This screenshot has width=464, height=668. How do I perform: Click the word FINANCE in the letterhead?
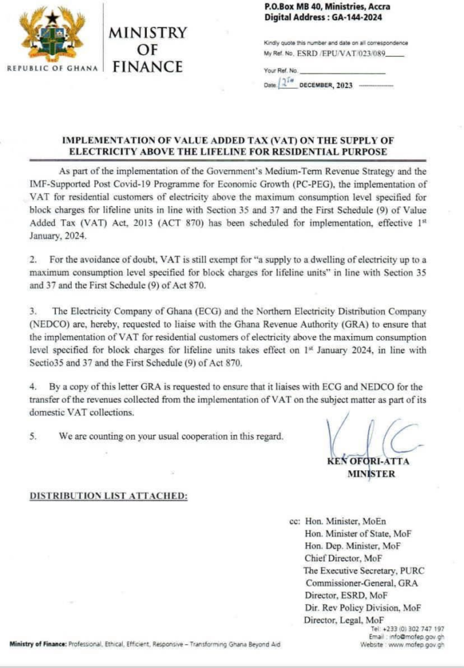click(x=147, y=67)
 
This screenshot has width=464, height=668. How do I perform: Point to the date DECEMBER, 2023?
click(x=325, y=86)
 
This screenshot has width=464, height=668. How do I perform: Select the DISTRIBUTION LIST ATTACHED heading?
click(x=108, y=496)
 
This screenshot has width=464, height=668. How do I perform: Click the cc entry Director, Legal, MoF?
click(x=344, y=620)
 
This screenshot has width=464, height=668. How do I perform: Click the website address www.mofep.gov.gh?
click(x=411, y=645)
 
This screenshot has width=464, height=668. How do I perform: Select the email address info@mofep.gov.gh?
click(x=416, y=637)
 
